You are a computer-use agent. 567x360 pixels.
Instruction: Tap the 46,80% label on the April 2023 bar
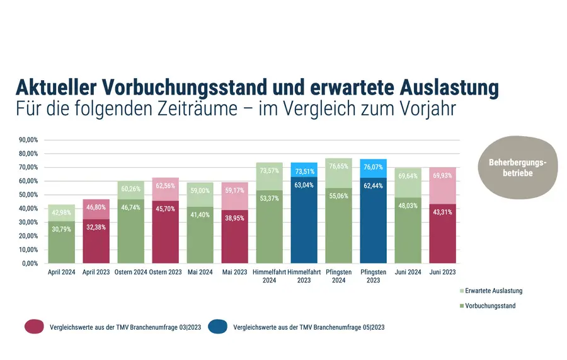click(x=96, y=206)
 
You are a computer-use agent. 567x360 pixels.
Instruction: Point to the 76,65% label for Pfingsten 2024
click(x=339, y=166)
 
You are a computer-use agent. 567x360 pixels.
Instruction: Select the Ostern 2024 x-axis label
click(x=130, y=272)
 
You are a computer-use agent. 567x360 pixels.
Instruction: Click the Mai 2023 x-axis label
click(x=234, y=272)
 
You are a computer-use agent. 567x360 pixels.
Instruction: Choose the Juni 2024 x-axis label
click(x=408, y=272)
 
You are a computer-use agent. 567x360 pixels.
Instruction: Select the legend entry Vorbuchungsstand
click(x=490, y=306)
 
